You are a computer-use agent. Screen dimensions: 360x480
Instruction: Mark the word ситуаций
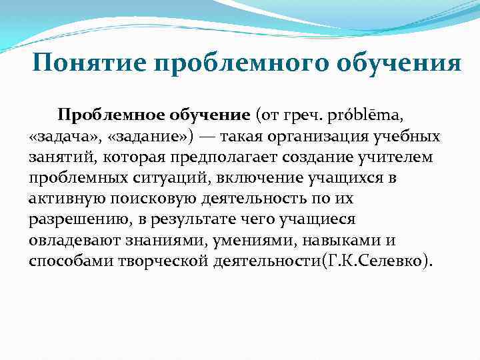coord(158,178)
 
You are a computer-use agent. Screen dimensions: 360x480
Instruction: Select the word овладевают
coord(76,240)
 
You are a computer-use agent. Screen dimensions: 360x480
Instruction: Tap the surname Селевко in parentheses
coord(393,261)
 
